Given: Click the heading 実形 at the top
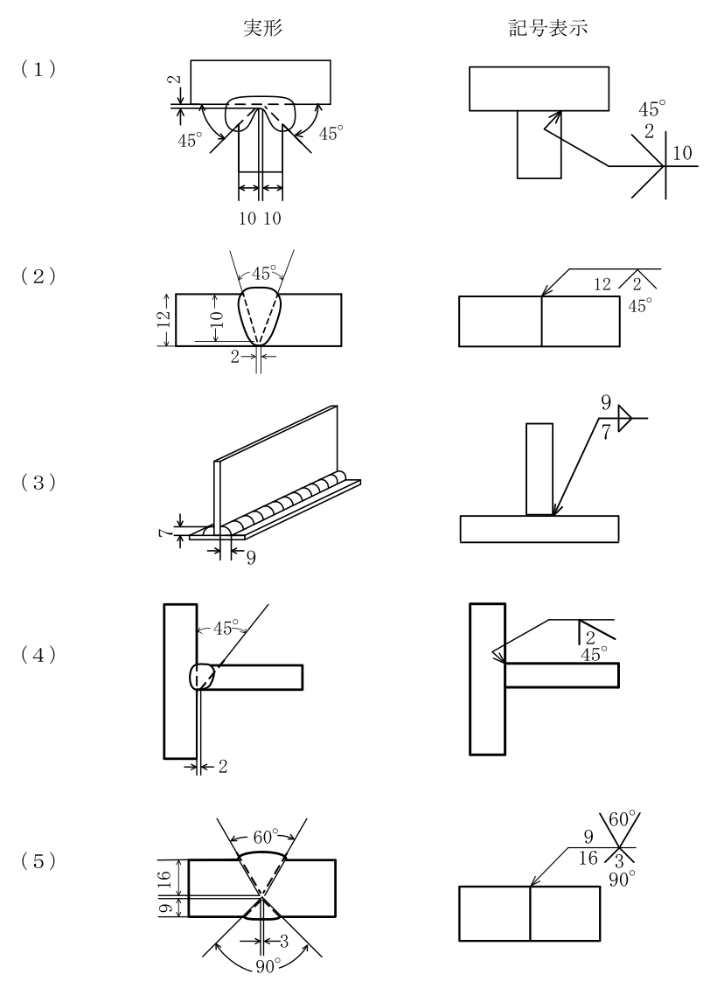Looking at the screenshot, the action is click(262, 27).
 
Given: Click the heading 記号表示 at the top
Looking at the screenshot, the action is click(548, 27).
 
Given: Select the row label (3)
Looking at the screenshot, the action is click(38, 483).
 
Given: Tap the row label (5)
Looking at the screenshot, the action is click(38, 861).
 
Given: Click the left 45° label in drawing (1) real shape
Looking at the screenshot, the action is click(190, 140).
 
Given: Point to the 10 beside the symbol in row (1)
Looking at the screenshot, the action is click(682, 153).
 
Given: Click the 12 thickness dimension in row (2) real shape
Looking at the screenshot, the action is click(164, 319).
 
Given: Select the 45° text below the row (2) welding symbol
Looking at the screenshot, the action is click(639, 306).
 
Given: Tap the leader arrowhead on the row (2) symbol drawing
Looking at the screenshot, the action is click(544, 293).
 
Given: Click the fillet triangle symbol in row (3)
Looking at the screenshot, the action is click(624, 418).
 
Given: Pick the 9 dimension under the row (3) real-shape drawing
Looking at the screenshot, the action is click(251, 558).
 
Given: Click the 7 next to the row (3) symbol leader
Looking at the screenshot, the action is click(606, 432).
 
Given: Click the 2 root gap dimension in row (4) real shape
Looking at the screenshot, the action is click(223, 767).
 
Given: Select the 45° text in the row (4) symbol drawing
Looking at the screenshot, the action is click(594, 654).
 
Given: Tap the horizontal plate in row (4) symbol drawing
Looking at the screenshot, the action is click(561, 675).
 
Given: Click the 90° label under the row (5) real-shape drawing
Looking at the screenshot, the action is click(268, 966).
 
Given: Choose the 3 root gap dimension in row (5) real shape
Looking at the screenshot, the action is click(283, 942).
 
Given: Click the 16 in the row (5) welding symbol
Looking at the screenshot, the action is click(588, 858).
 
